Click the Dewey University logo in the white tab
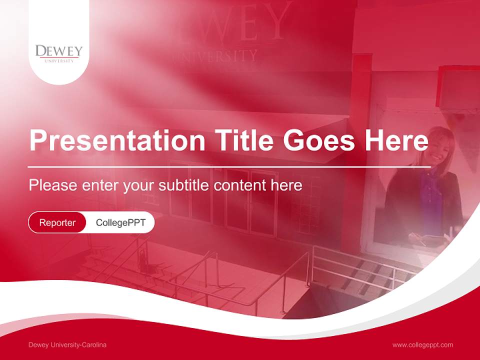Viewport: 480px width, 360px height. point(58,53)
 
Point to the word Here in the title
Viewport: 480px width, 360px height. point(396,140)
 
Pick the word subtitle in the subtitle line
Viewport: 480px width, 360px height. point(183,185)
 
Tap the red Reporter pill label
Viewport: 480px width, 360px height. point(57,222)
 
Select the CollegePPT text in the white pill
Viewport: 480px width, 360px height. point(120,222)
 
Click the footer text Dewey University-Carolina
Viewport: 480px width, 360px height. point(67,345)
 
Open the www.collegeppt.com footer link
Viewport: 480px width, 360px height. point(422,345)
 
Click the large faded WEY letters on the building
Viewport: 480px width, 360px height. point(250,22)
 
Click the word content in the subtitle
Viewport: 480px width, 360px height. point(240,185)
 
